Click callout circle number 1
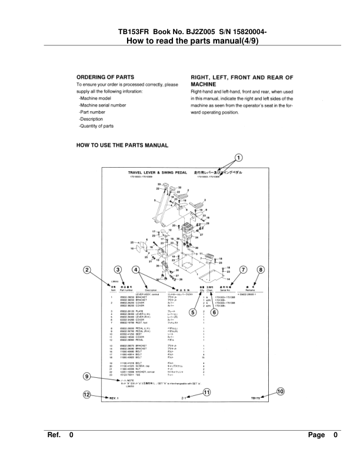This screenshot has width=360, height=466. pyautogui.click(x=238, y=157)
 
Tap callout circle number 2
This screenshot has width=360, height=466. pyautogui.click(x=87, y=269)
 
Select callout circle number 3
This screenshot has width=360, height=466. pyautogui.click(x=119, y=269)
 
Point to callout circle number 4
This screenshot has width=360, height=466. pyautogui.click(x=136, y=269)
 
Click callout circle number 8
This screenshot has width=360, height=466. pyautogui.click(x=261, y=269)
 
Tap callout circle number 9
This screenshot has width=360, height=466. pyautogui.click(x=87, y=377)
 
